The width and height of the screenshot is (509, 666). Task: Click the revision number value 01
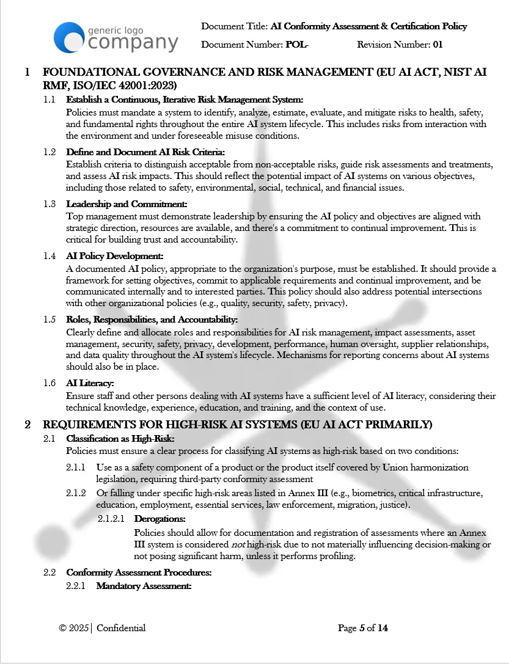point(438,45)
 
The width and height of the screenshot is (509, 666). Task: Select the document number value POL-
point(297,45)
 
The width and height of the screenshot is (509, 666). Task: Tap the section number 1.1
point(49,100)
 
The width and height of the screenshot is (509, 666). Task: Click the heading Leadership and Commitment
point(126,204)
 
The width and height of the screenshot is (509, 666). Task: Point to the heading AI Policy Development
point(115,257)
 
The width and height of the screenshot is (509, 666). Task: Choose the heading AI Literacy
point(90,384)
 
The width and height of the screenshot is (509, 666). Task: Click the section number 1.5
point(49,320)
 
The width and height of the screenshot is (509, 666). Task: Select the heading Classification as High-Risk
point(120,439)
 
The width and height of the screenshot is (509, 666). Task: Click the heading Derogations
point(159,519)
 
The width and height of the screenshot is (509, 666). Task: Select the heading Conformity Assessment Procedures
point(139,573)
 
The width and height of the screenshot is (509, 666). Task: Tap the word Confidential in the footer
point(121,628)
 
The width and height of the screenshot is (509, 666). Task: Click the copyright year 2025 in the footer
point(78,628)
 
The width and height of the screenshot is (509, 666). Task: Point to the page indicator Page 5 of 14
point(362,628)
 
